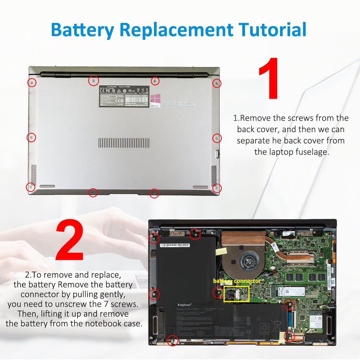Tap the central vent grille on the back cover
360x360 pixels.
tap(129, 143)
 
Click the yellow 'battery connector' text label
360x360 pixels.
tap(237, 281)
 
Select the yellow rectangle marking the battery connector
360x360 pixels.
tap(237, 294)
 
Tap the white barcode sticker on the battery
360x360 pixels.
tap(175, 245)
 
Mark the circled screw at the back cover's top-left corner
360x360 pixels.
tap(32, 83)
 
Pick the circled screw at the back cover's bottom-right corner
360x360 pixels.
tap(217, 188)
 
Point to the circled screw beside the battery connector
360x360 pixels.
tap(218, 293)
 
